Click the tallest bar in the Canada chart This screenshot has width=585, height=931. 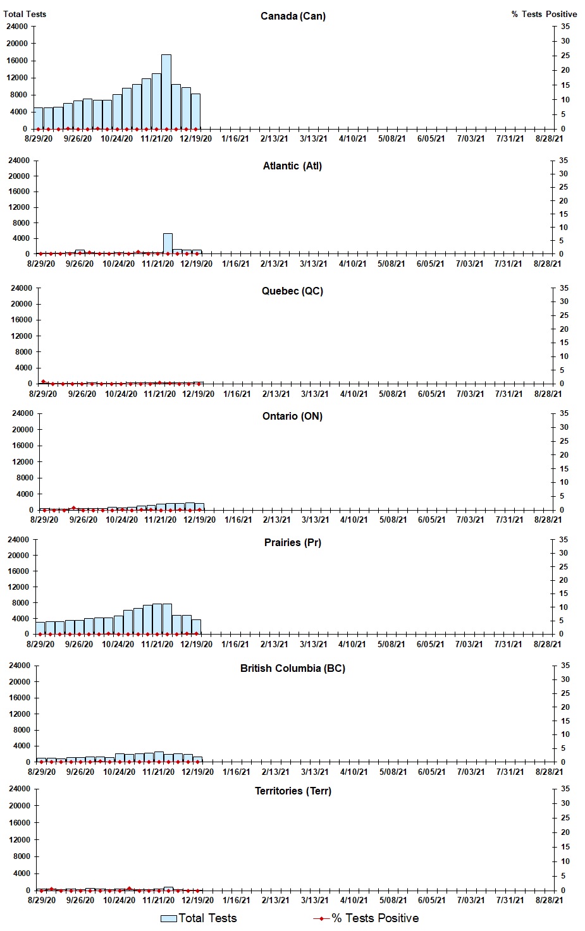(166, 92)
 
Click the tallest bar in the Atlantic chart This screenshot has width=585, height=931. (168, 244)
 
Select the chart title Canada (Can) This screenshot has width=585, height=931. (293, 16)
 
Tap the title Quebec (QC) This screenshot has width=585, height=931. (292, 291)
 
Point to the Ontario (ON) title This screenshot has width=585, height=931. (292, 417)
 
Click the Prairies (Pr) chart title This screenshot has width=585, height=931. (292, 543)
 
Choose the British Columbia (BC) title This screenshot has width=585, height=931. (292, 669)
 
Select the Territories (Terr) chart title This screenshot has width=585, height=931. (292, 791)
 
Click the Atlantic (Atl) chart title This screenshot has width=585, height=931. (292, 166)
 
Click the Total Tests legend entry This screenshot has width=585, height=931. (199, 918)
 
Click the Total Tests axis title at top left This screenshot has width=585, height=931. (25, 14)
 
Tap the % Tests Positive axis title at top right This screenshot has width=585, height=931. (544, 14)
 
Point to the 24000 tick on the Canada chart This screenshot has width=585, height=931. (16, 27)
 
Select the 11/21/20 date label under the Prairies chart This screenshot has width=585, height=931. (157, 645)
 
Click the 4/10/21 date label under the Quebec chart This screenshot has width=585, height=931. (354, 394)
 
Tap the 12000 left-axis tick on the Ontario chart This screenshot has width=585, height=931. (22, 462)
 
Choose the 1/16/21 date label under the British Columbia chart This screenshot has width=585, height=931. (237, 772)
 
